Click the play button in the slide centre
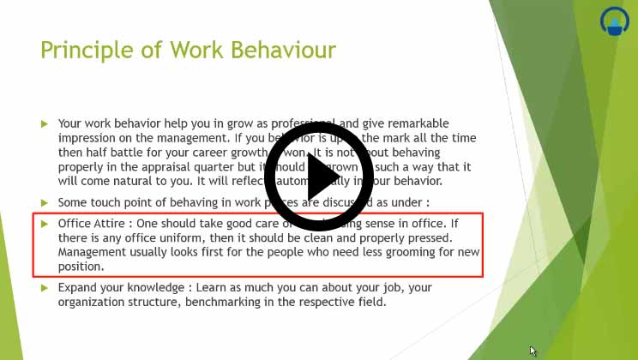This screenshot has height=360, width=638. tap(319, 177)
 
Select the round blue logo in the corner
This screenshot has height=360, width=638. tap(613, 22)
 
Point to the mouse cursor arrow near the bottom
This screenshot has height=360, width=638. tap(533, 351)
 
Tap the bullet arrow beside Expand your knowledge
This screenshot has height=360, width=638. tap(45, 287)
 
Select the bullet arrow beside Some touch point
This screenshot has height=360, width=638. tap(45, 202)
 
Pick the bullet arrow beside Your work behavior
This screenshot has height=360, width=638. tap(45, 124)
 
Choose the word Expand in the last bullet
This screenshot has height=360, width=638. tap(77, 287)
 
